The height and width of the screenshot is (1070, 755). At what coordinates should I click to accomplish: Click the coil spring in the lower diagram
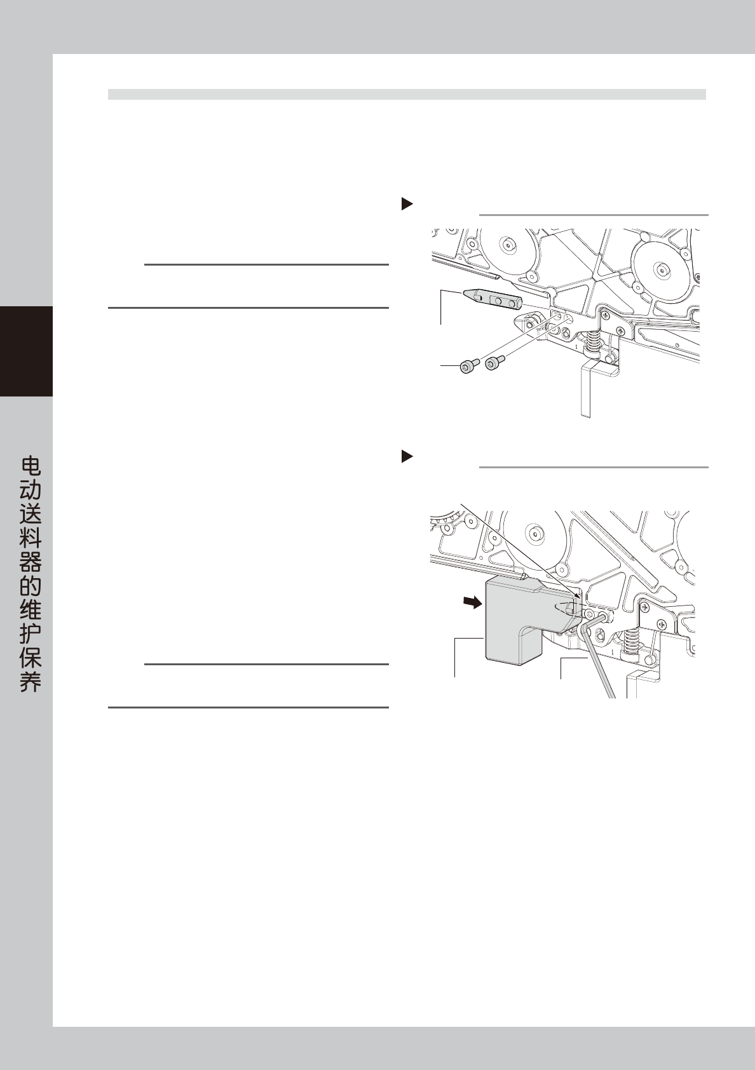632,642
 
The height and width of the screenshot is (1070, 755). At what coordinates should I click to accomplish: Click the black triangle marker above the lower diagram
407,456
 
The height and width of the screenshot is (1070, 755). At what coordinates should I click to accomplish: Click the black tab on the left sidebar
26,351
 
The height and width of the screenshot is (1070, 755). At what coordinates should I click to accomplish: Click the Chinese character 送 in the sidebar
30,515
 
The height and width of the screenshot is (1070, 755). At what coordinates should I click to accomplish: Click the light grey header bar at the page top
407,94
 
